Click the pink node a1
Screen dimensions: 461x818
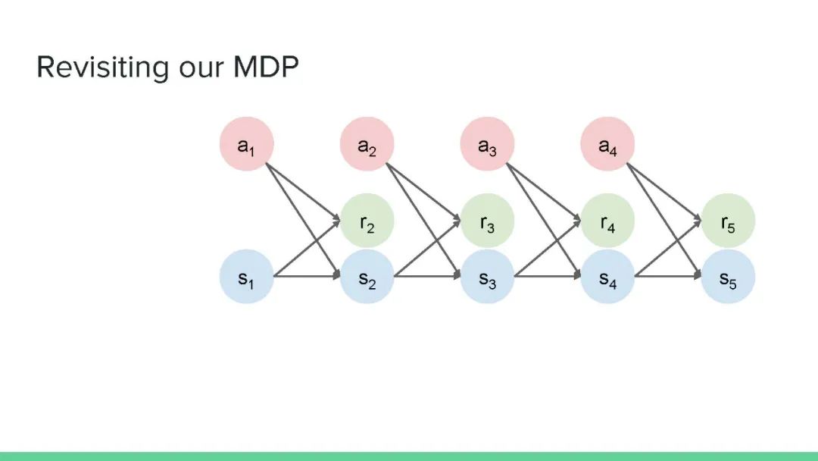tap(246, 144)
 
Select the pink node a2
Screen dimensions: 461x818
tap(367, 144)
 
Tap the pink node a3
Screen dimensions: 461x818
tap(487, 144)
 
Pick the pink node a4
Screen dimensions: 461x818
tap(607, 144)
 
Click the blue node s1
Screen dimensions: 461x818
tap(246, 277)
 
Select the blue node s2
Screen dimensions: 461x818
tap(367, 277)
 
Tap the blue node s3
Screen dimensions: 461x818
tap(487, 277)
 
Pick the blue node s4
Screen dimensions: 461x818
tap(607, 277)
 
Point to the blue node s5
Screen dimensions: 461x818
tap(728, 277)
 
